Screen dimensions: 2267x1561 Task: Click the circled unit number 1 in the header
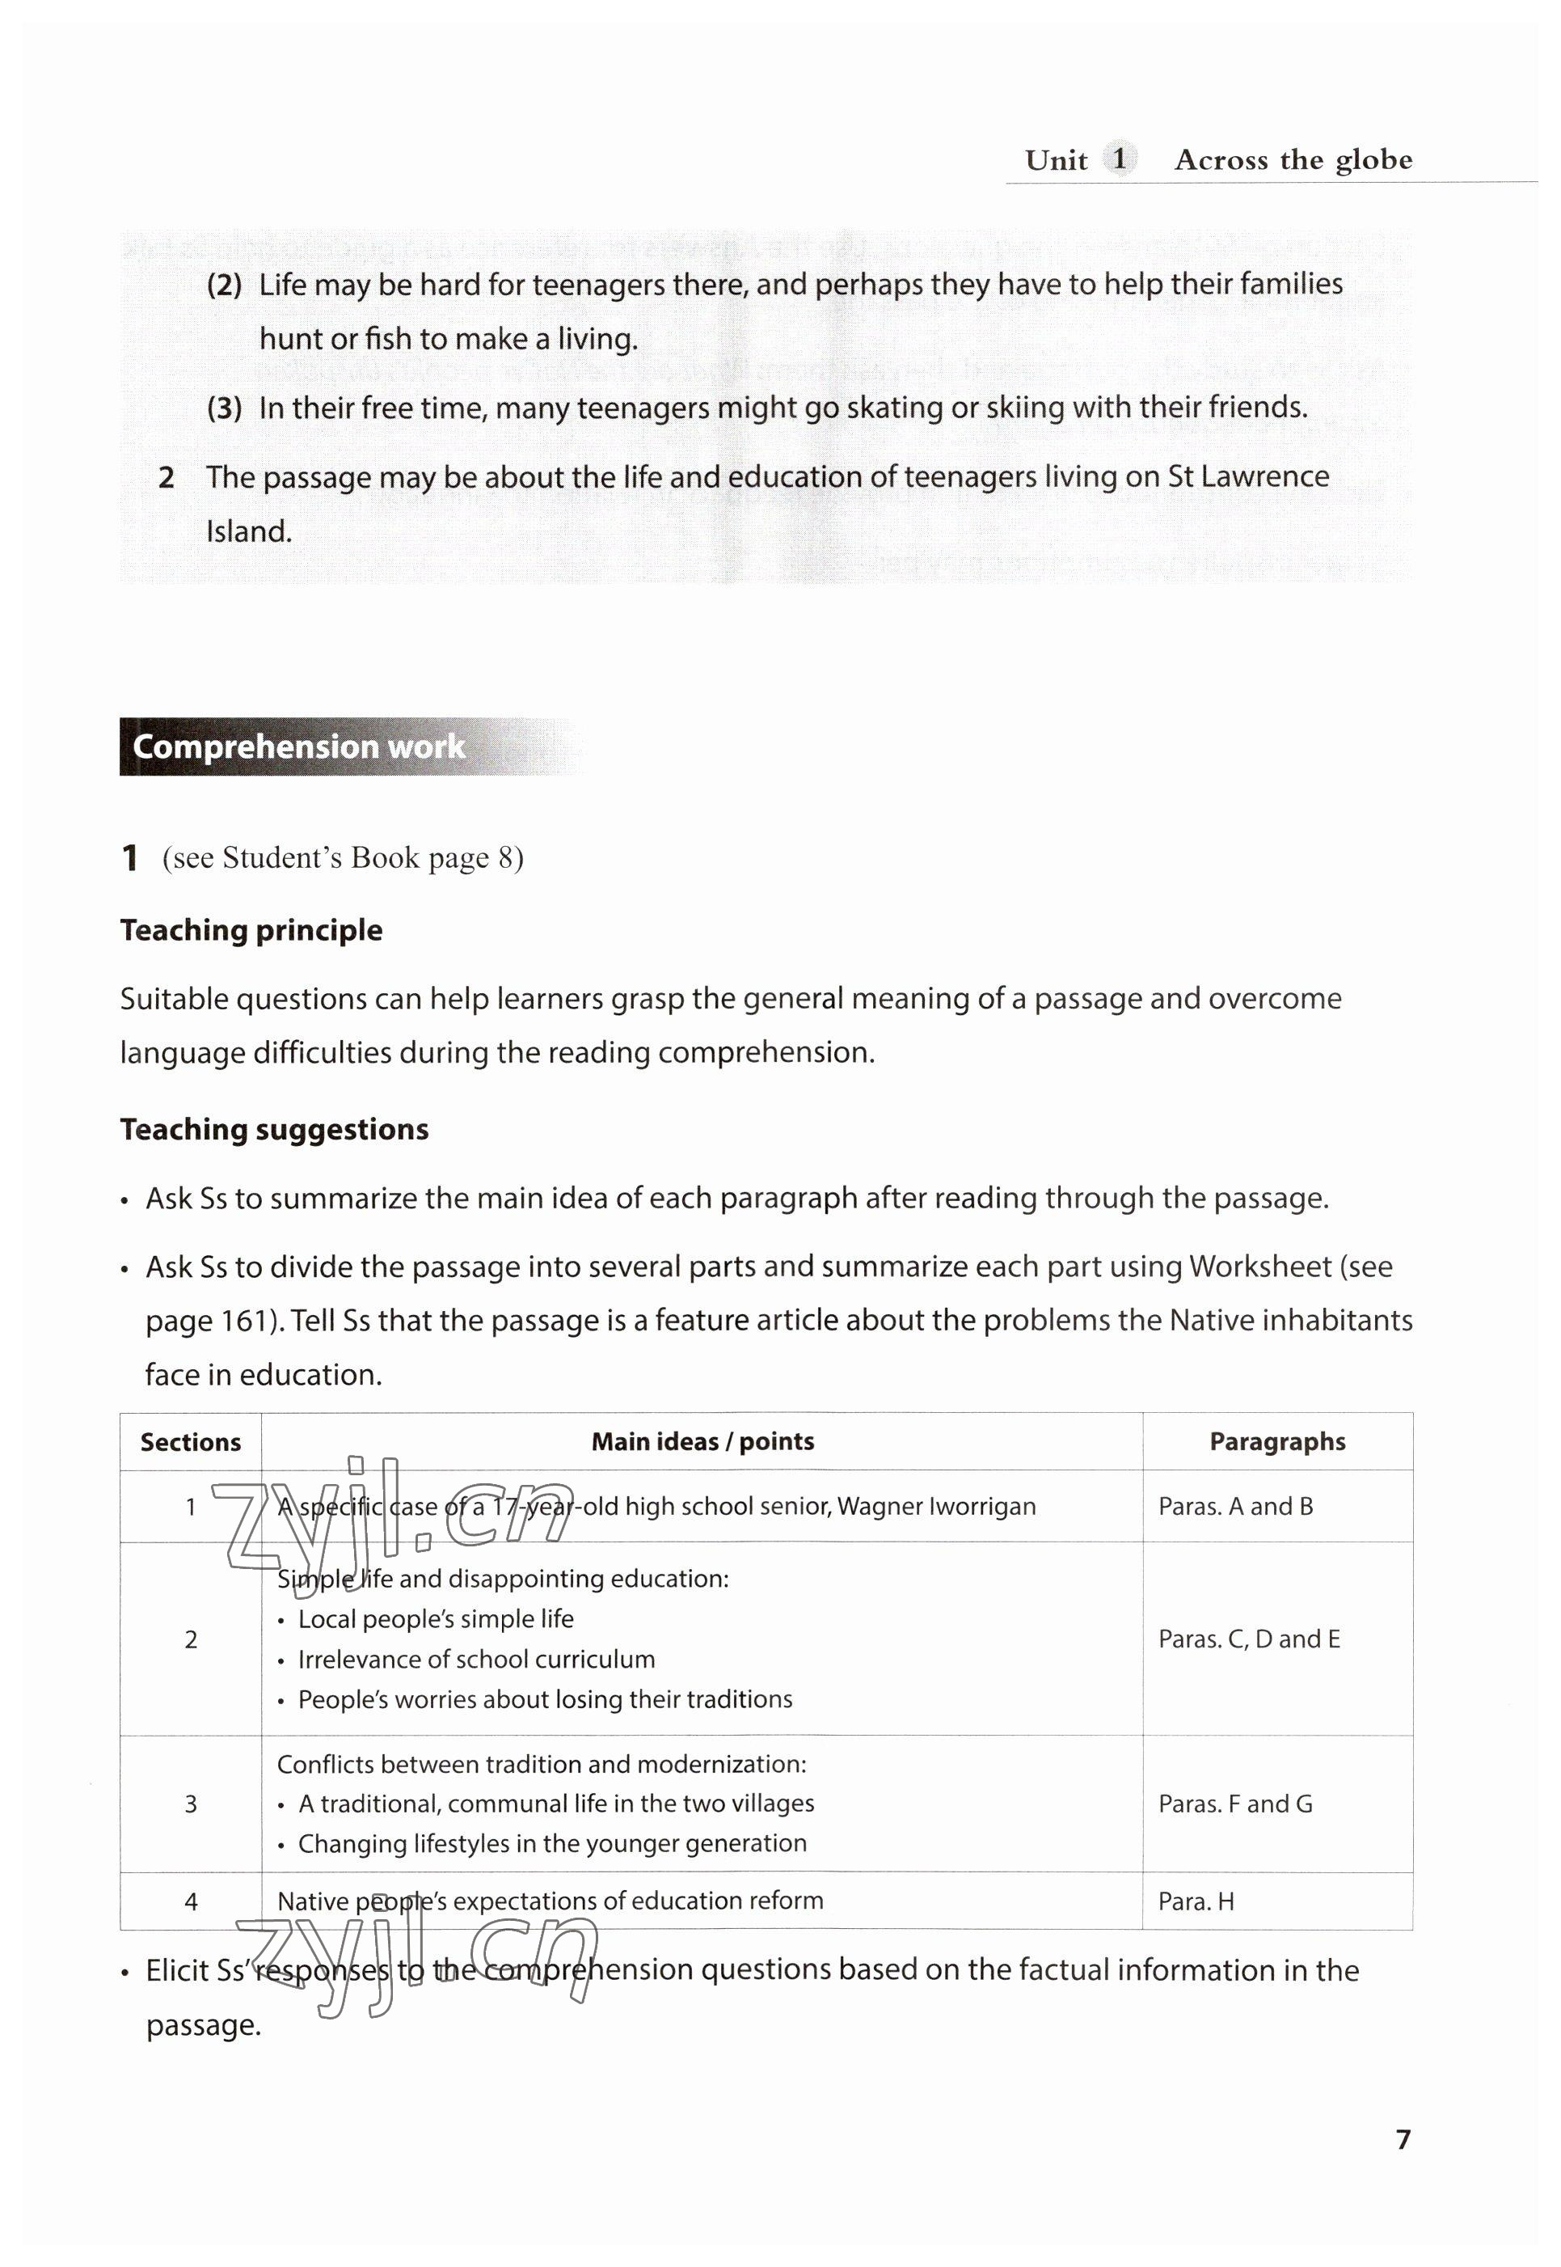pos(1119,159)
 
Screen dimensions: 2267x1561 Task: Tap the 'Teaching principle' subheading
pos(251,929)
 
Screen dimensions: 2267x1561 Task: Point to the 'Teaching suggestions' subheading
pos(274,1129)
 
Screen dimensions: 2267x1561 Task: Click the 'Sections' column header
pos(191,1441)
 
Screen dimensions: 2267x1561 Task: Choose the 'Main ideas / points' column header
pos(702,1441)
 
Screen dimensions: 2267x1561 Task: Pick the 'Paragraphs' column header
pos(1276,1441)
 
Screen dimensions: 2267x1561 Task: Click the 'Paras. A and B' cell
pos(1235,1507)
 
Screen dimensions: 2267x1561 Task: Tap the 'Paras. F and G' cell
pos(1235,1804)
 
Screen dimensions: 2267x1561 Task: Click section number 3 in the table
pos(191,1804)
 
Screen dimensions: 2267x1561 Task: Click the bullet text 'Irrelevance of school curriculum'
pos(476,1660)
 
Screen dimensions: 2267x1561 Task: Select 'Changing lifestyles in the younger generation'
pos(551,1843)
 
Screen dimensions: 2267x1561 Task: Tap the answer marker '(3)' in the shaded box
pos(224,408)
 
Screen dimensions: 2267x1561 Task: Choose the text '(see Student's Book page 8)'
pos(342,858)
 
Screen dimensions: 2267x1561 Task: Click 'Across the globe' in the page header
pos(1293,159)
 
